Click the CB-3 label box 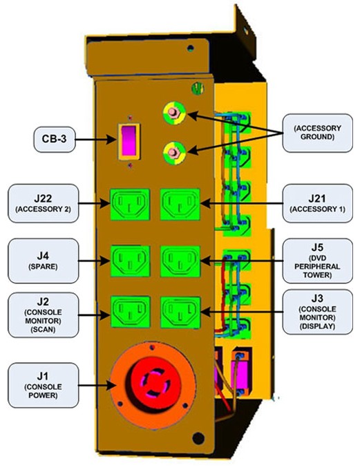[55, 139]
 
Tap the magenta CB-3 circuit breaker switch [129, 140]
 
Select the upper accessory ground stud [174, 113]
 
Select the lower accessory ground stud [174, 152]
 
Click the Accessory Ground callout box [317, 133]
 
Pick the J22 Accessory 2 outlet [130, 204]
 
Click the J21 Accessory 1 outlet [180, 204]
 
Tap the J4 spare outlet [130, 261]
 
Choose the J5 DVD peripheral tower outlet [180, 261]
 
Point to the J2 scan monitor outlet [130, 312]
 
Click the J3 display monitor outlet [180, 312]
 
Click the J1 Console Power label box [43, 385]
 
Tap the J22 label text [43, 198]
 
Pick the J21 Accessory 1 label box [317, 203]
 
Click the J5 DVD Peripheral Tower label [317, 261]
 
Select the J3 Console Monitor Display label [317, 312]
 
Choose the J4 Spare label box [43, 261]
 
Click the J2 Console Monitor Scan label [43, 315]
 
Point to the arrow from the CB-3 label [95, 140]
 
